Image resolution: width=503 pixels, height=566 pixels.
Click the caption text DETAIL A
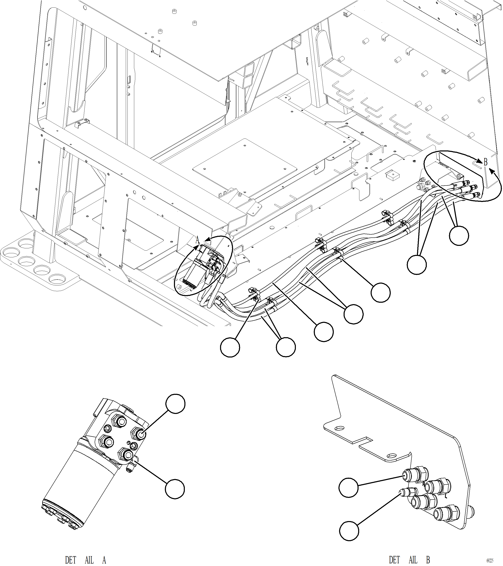tap(85, 560)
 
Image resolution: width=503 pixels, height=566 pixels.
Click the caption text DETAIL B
tap(409, 560)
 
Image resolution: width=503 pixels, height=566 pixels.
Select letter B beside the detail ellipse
tap(486, 162)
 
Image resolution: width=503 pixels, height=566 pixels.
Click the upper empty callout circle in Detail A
tap(175, 404)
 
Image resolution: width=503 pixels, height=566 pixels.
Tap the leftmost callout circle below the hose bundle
tap(230, 347)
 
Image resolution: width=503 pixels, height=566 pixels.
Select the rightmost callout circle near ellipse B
tap(459, 235)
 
